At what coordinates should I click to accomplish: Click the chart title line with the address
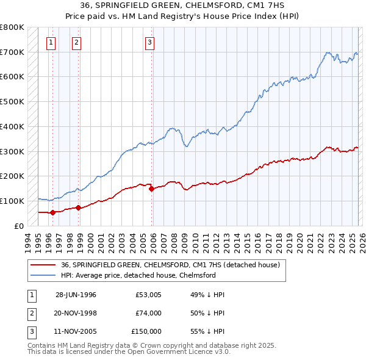[183, 6]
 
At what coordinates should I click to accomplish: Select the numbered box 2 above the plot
[76, 42]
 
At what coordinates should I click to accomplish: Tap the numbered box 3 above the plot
[149, 42]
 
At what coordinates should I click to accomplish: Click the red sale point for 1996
[52, 212]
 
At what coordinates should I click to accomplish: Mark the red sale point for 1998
[79, 207]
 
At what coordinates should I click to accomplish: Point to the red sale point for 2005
[152, 189]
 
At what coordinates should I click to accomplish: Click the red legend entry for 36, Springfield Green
[170, 265]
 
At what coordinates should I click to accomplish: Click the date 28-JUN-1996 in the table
[76, 295]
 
